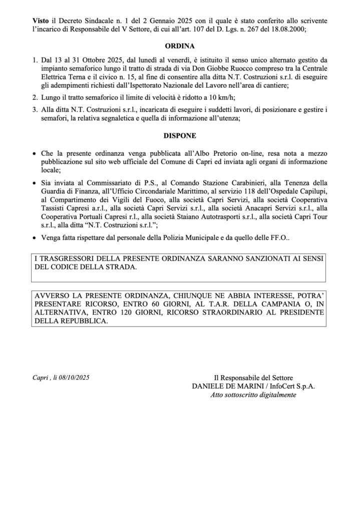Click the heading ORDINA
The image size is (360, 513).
pos(180,45)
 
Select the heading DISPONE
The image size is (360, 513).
pos(180,135)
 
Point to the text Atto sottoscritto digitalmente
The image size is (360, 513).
pos(253,395)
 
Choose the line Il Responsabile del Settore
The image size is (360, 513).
pos(253,377)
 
